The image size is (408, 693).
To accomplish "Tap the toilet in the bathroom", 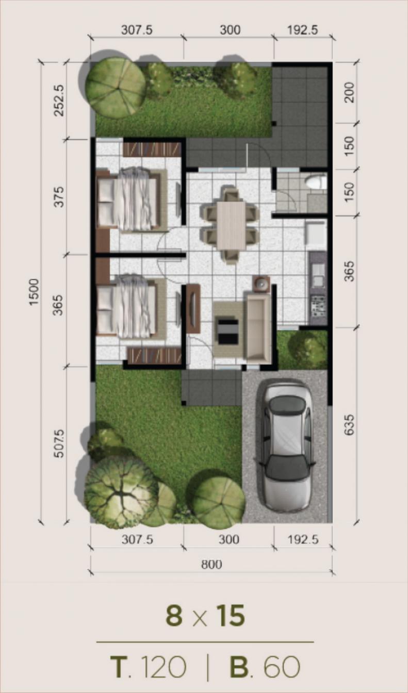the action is tap(316, 180).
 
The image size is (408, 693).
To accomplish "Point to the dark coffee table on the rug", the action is tap(228, 332).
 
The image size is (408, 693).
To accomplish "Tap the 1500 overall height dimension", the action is tap(34, 292).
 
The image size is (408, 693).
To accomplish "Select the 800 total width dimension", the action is tap(211, 564).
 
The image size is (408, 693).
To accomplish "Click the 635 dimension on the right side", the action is tap(349, 425).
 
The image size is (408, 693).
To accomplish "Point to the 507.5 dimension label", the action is tap(59, 443).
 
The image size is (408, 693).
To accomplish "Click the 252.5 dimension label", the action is tap(59, 101).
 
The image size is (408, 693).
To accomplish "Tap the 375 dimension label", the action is tap(59, 196).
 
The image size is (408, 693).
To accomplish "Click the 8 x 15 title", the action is tap(205, 615).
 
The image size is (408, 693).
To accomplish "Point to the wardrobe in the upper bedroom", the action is tap(152, 149).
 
